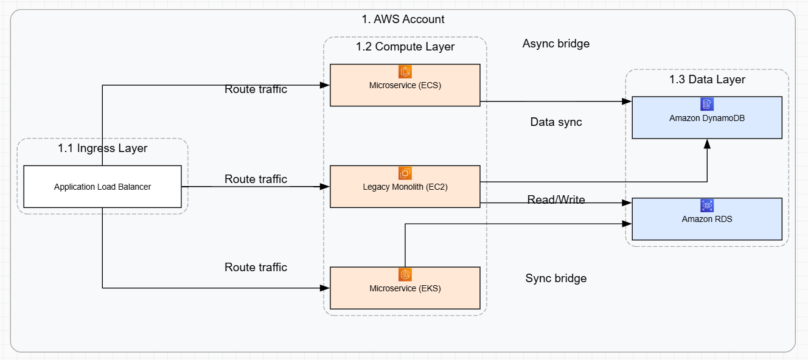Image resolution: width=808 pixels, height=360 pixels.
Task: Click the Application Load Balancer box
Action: tap(102, 187)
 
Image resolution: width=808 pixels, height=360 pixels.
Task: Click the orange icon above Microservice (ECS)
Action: tap(405, 72)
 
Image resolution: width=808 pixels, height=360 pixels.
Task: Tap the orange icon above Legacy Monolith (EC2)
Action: tap(405, 173)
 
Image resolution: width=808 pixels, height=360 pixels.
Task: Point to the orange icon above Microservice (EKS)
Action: tap(405, 275)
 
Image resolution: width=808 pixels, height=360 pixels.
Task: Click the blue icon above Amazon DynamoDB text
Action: tap(706, 104)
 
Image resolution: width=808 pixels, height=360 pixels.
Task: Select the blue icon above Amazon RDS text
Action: tap(706, 206)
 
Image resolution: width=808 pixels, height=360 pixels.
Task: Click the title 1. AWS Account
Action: tap(403, 19)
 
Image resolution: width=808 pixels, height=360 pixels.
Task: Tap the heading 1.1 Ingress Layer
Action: tap(102, 148)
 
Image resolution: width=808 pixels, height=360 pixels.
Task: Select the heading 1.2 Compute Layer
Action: tap(405, 47)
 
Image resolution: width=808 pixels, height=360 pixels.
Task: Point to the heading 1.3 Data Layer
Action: tap(707, 79)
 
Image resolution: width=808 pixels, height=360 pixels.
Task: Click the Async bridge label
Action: tap(555, 44)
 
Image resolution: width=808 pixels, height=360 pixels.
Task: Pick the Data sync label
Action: tap(555, 122)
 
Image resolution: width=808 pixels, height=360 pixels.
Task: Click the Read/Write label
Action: tap(555, 199)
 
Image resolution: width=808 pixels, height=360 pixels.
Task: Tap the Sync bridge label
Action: tap(555, 279)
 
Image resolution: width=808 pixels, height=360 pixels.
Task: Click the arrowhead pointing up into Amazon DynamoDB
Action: tap(707, 144)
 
